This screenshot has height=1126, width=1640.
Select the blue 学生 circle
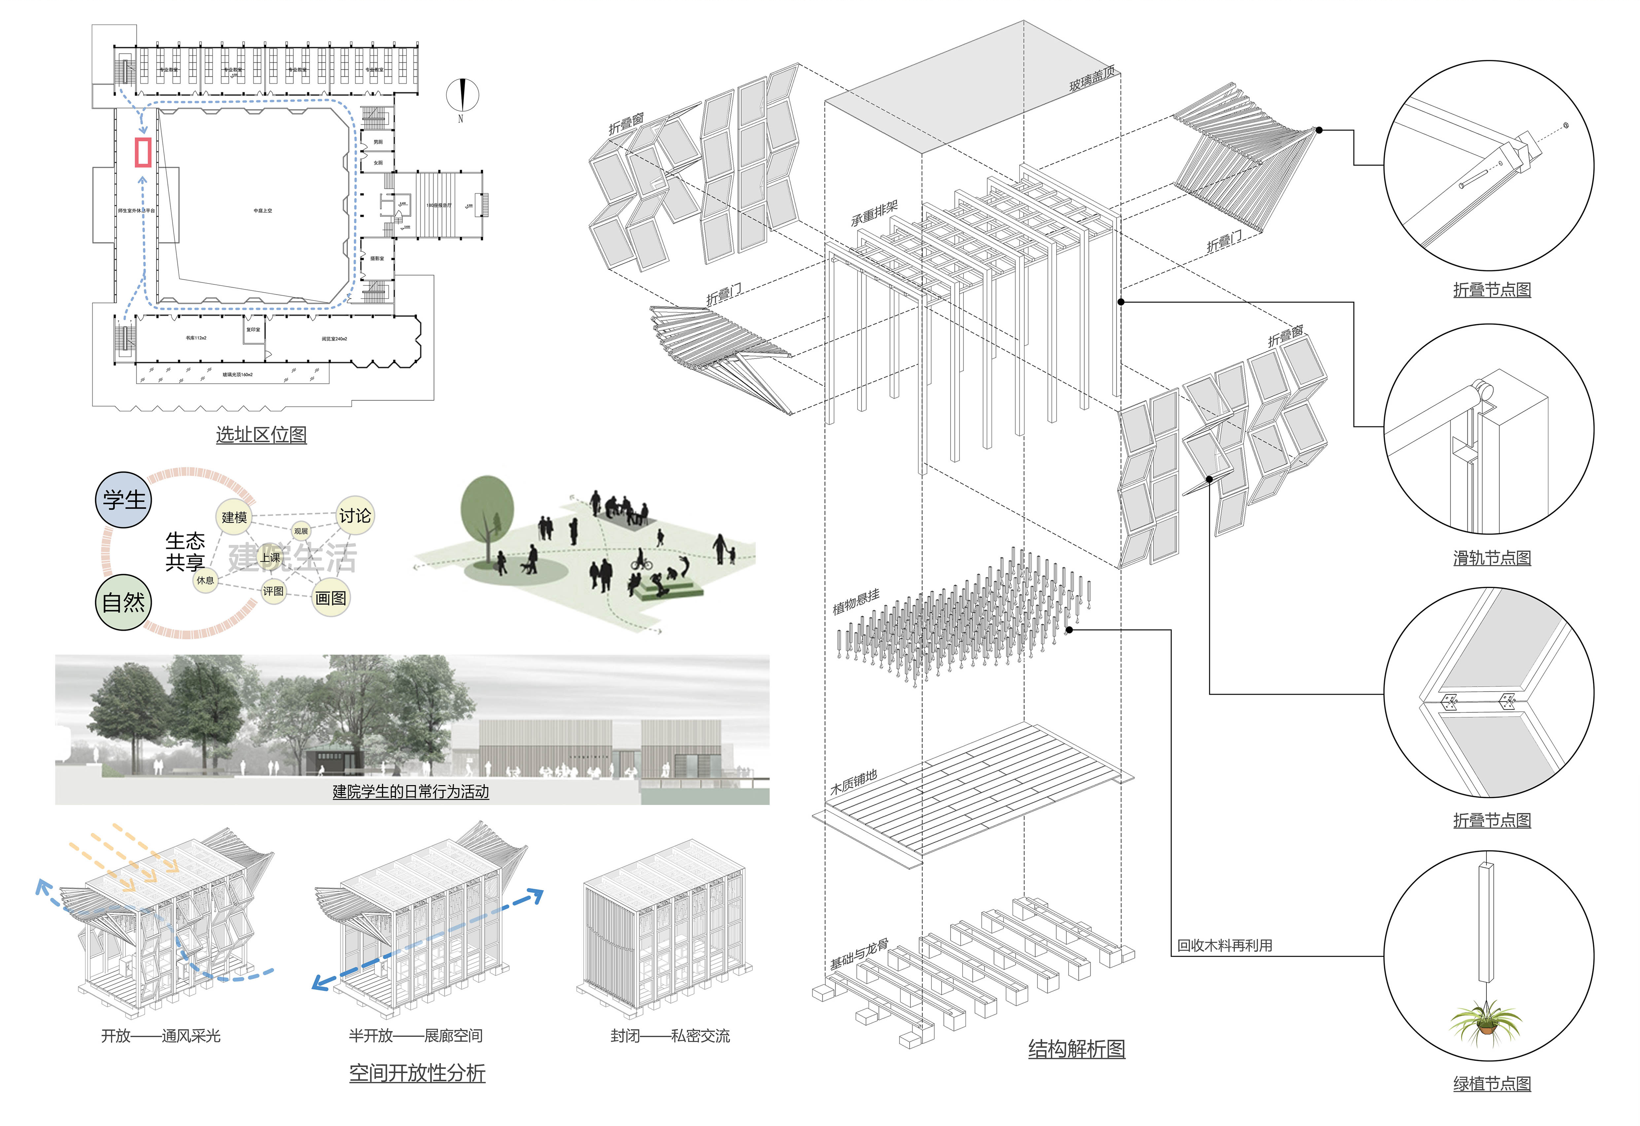(x=123, y=500)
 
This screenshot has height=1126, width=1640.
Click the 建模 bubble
(x=234, y=518)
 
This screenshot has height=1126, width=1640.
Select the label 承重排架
(x=874, y=213)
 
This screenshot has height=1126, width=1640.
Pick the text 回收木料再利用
(x=1224, y=945)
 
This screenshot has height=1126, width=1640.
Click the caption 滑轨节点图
(x=1492, y=558)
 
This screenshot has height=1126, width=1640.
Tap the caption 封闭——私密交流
(x=670, y=1035)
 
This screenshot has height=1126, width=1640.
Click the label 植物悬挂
(x=856, y=601)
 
